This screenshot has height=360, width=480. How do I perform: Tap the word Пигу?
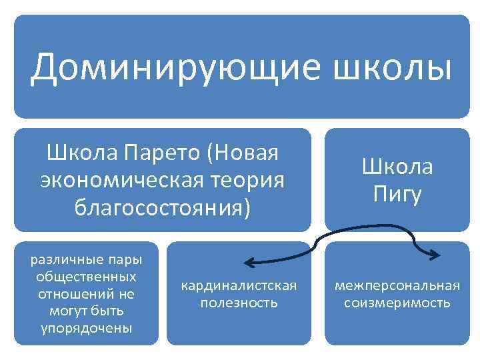coord(397,195)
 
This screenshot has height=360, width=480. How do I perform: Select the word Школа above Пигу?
coord(397,167)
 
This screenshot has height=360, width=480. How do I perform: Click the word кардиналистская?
coord(239,285)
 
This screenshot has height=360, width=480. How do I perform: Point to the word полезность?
coord(239,303)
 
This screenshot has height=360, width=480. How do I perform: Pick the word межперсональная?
coord(397,285)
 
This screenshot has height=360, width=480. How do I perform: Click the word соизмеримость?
coord(397,303)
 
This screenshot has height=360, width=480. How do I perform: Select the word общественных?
coord(87,276)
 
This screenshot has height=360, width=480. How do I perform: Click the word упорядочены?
coord(87,328)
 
